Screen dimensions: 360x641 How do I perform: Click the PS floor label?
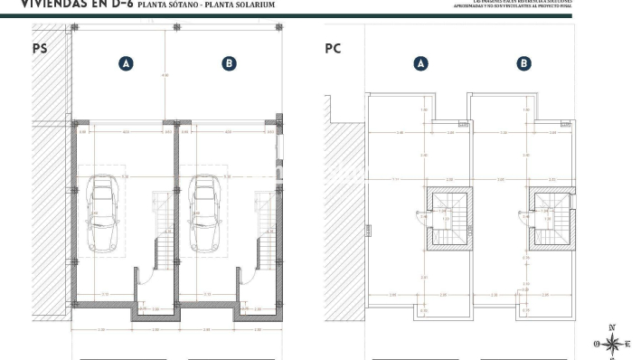tap(40, 49)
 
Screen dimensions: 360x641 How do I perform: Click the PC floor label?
tap(333, 49)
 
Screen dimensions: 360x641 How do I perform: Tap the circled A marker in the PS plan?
tap(127, 63)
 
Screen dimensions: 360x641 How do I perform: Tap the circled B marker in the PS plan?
tap(230, 63)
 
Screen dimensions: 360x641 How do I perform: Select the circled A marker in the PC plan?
tap(420, 63)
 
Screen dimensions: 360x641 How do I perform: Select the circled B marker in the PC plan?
tap(524, 63)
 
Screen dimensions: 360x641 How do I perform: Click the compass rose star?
tap(613, 343)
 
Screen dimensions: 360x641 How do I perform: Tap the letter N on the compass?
tap(613, 327)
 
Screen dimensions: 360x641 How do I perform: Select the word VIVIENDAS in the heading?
tap(51, 4)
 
